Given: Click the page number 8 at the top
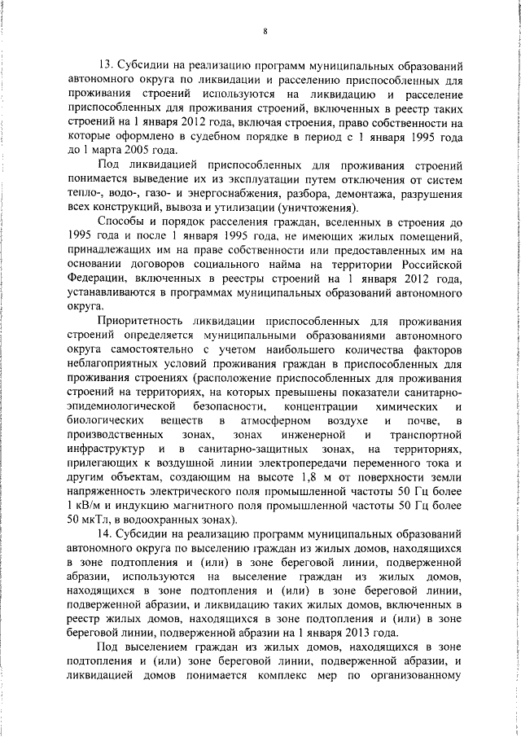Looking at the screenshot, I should point(266,32).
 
